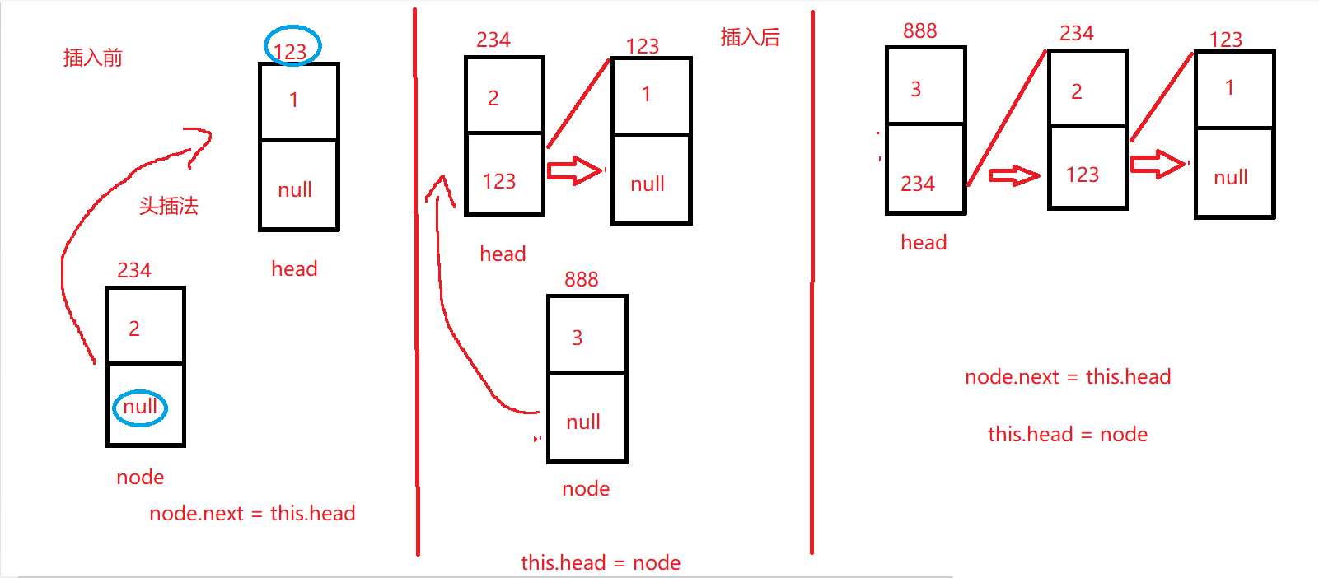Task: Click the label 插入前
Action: [x=92, y=58]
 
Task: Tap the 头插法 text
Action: [x=168, y=206]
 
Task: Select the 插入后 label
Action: [x=750, y=37]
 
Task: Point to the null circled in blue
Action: [x=140, y=407]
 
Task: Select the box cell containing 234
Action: [x=924, y=170]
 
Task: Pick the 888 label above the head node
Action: [x=919, y=31]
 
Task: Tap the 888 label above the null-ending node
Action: [x=581, y=279]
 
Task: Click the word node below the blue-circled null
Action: [x=140, y=478]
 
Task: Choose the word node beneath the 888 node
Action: [x=586, y=489]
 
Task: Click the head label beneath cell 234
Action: [x=924, y=243]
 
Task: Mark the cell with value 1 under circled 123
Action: [x=298, y=101]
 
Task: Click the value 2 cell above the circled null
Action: [x=145, y=326]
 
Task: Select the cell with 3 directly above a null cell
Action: [x=587, y=334]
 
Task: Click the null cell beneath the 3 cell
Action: [x=587, y=417]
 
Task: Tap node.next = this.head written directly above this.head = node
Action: [x=1068, y=377]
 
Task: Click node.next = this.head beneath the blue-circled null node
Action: [x=252, y=514]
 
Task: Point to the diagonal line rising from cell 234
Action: [x=1006, y=118]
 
